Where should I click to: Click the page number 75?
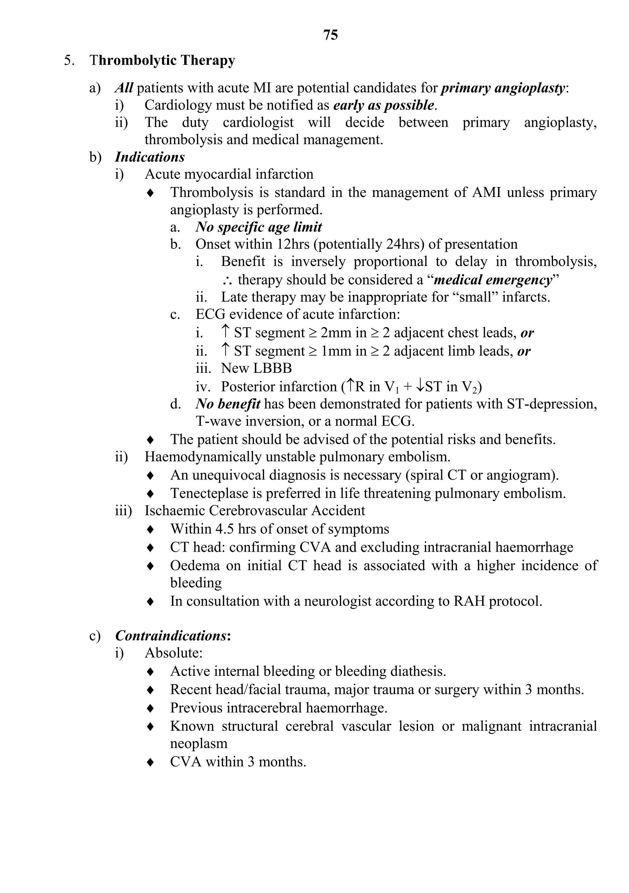[330, 35]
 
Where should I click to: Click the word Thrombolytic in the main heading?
[133, 61]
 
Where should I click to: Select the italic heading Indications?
[150, 157]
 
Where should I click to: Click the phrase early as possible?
[383, 105]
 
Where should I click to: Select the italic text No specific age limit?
[259, 227]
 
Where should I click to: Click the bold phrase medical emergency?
[493, 280]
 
